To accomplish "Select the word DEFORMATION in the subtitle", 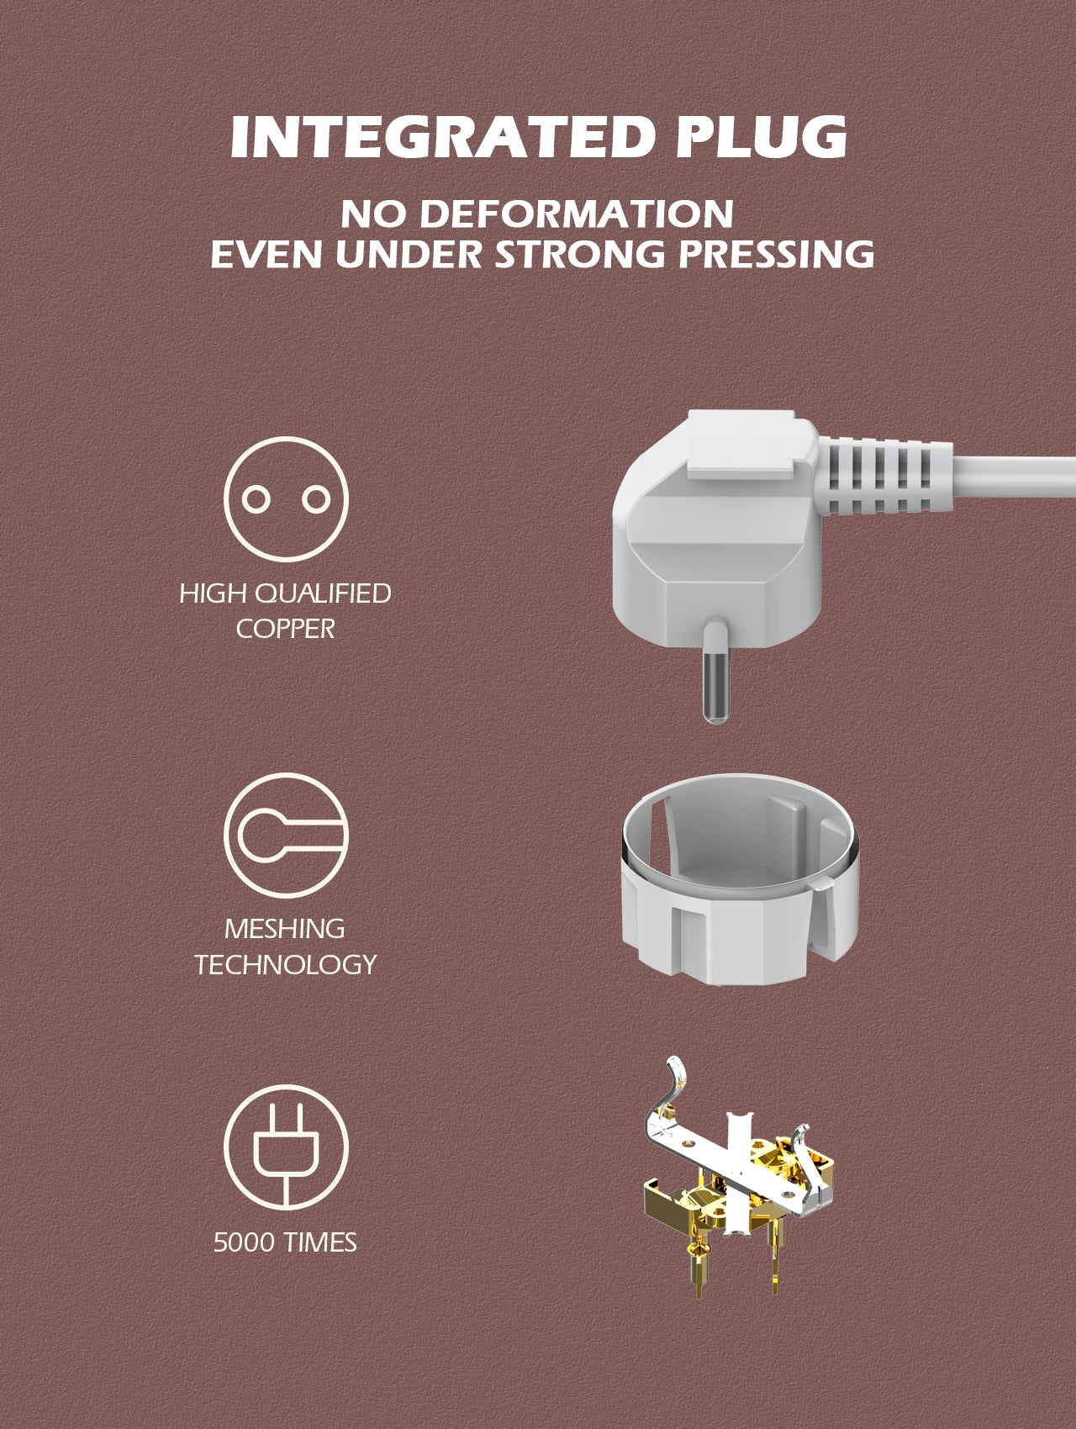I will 576,214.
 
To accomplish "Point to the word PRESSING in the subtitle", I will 777,255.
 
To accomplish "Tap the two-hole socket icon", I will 286,499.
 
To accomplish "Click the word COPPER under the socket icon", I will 285,628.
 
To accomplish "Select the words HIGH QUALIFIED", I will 285,593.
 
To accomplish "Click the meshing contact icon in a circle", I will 286,834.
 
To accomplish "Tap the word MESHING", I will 285,929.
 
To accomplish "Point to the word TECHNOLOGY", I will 285,964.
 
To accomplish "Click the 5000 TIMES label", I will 285,1242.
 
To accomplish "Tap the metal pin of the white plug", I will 715,681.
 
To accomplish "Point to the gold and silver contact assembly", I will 740,1168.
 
